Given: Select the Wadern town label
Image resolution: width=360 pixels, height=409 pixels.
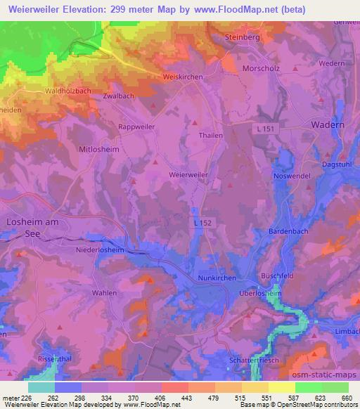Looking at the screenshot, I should click(x=328, y=124).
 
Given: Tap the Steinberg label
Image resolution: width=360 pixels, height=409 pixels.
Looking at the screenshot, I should click(x=243, y=35).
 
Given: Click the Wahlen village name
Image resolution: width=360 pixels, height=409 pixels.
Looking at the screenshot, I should click(x=104, y=292).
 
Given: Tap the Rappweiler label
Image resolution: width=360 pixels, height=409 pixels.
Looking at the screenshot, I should click(x=136, y=127).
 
